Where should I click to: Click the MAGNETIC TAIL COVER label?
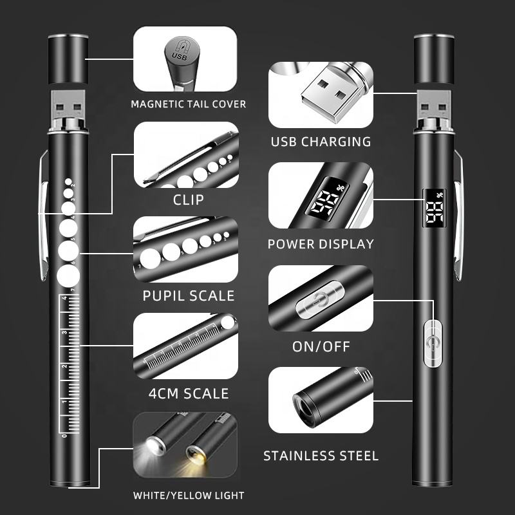pos(188,104)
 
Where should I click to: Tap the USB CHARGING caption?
pos(321,142)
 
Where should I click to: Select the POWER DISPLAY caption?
pos(321,244)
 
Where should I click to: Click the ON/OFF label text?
pos(321,346)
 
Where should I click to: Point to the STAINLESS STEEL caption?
pos(321,456)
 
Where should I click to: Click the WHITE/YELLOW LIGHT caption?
pos(189,495)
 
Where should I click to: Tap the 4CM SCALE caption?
pos(189,393)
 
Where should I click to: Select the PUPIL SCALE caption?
pos(189,295)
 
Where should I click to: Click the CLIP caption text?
pos(189,200)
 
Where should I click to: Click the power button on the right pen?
pos(433,344)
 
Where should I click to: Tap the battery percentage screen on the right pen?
pos(434,208)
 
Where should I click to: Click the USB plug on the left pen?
pos(68,104)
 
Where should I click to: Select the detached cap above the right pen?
pos(434,59)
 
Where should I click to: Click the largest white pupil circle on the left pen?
pos(68,276)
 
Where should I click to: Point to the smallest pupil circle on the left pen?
pos(68,182)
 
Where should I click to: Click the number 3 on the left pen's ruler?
pos(65,332)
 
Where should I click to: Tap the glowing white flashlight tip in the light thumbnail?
pos(155,445)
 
